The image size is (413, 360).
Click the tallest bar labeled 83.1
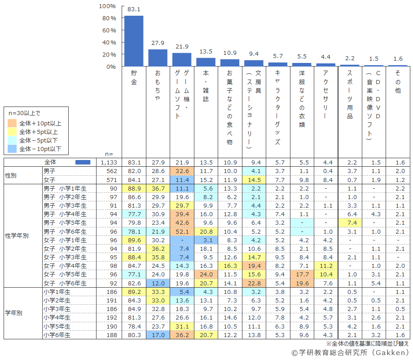point(134,41)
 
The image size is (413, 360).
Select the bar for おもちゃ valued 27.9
point(158,58)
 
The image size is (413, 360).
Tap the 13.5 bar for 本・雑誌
point(206,62)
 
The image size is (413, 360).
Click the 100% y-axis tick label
point(107,6)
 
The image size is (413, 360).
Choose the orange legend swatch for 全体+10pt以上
point(13,123)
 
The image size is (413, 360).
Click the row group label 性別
point(11,175)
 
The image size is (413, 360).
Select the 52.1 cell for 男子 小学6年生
point(182,231)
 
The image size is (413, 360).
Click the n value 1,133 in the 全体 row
point(109,162)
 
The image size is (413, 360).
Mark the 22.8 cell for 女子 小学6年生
point(254,283)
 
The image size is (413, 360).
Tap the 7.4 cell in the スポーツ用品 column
point(350,223)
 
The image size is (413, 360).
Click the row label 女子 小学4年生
point(62,266)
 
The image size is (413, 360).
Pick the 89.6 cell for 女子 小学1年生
point(134,240)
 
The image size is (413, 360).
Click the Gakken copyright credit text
point(350,353)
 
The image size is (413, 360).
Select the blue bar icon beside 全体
point(83,162)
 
